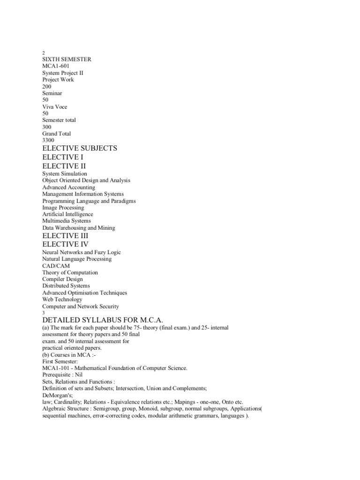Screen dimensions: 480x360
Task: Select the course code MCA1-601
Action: pos(56,66)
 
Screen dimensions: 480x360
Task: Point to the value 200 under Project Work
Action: pos(47,86)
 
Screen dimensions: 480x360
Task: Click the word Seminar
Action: pos(52,93)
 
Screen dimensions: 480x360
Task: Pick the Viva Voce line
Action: pos(54,107)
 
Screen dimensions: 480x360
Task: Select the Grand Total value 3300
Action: pos(48,140)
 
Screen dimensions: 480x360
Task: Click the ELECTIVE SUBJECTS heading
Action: pos(79,148)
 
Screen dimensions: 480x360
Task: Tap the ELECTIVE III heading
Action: pos(65,235)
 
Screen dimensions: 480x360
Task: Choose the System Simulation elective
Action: pos(65,173)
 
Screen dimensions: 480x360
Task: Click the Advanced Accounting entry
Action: pos(68,187)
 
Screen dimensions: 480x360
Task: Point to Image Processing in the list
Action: pos(63,207)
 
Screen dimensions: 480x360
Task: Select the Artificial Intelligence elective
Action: pos(67,214)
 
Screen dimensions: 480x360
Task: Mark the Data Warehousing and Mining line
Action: pos(78,228)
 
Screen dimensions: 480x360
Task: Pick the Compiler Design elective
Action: pos(62,279)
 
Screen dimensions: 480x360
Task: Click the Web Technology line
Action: pos(62,299)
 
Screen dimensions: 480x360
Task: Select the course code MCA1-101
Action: pos(56,368)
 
